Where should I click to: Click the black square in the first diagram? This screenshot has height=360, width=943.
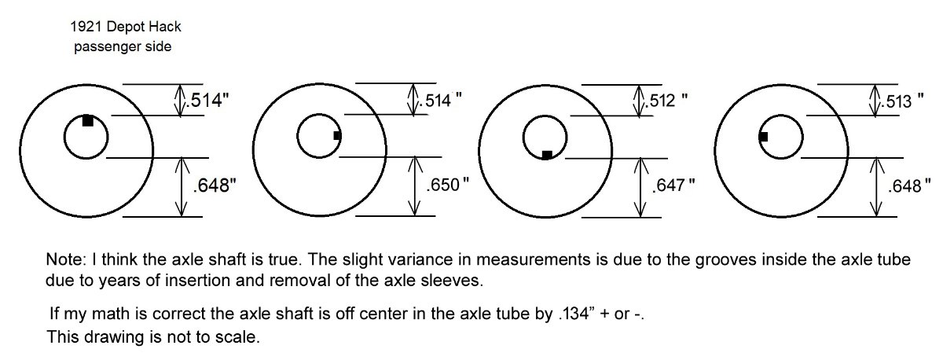[x=87, y=120]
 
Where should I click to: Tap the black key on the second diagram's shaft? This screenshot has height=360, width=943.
[x=337, y=135]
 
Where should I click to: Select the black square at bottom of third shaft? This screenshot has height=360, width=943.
[x=547, y=155]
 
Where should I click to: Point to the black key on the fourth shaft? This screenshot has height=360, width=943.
[x=763, y=137]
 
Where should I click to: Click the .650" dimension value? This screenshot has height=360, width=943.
[x=447, y=185]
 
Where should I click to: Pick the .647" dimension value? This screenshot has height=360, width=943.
[x=673, y=186]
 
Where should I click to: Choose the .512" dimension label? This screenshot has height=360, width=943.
[x=667, y=101]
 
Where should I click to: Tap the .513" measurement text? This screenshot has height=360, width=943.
[x=903, y=101]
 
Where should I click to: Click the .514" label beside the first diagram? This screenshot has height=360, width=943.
[x=208, y=101]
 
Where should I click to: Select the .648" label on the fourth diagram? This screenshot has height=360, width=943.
[x=909, y=186]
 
